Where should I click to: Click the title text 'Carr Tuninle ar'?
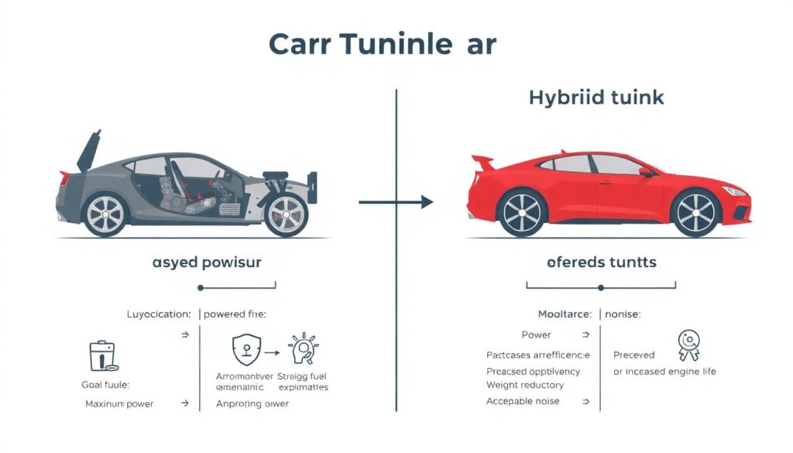382,44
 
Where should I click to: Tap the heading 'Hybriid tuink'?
596,98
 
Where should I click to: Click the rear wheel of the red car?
523,211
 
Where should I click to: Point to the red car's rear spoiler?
482,162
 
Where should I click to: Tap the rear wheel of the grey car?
105,213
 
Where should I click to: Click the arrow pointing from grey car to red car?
396,202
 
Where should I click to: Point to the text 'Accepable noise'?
523,401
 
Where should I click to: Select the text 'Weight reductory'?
525,385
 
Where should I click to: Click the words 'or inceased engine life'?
664,371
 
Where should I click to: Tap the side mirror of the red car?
645,172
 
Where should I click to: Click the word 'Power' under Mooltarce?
537,335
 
